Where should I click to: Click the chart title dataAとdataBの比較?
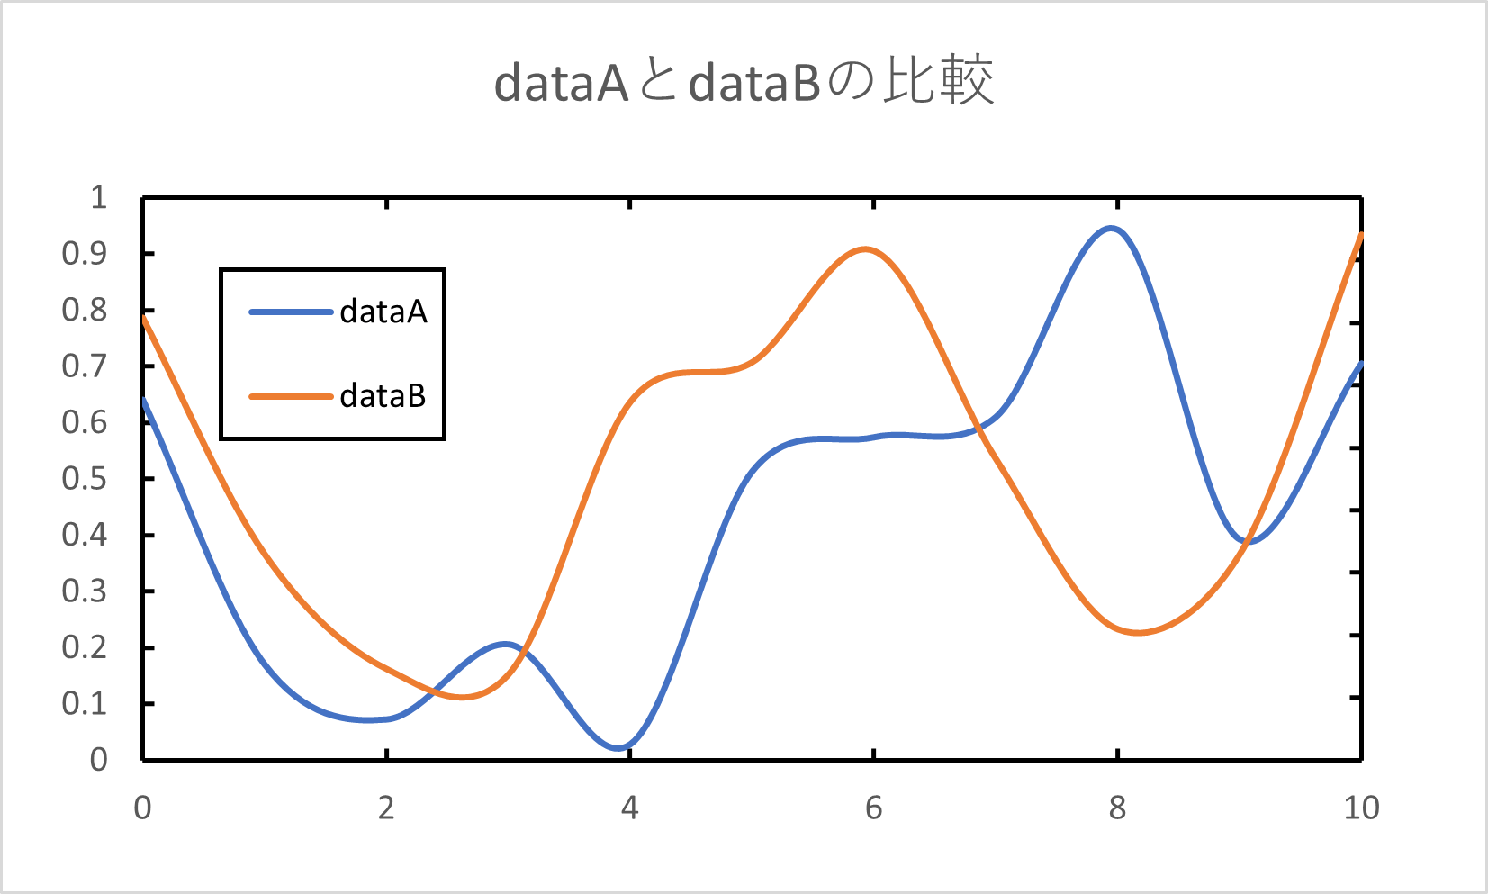pos(744,82)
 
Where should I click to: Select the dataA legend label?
pos(383,312)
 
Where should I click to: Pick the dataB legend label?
pos(383,396)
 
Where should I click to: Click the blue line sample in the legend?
pos(291,312)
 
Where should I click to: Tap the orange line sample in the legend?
pos(291,396)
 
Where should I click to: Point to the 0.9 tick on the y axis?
pos(84,254)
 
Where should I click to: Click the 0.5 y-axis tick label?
pos(84,479)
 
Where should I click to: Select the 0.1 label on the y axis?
pos(84,703)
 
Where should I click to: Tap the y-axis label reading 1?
pos(99,197)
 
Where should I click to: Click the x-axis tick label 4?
pos(629,808)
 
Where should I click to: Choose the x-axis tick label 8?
pos(1117,808)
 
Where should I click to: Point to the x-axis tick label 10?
pos(1361,808)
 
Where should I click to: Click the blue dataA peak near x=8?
pos(1112,229)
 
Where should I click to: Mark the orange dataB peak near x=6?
pos(865,248)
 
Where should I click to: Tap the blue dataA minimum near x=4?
pos(619,747)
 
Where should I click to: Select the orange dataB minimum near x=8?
pos(1139,632)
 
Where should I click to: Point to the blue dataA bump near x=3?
pos(506,644)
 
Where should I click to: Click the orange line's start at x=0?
pos(144,317)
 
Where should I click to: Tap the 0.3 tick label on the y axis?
pos(84,591)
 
